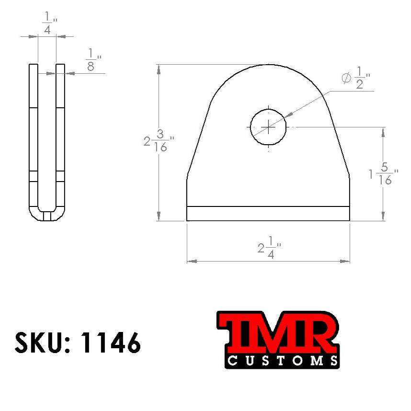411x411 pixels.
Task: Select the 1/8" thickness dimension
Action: [x=91, y=60]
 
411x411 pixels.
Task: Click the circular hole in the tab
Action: [x=268, y=127]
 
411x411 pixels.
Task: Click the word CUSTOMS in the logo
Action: [x=283, y=360]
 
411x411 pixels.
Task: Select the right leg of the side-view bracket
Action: [x=60, y=139]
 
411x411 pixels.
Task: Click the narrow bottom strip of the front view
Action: [x=268, y=214]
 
